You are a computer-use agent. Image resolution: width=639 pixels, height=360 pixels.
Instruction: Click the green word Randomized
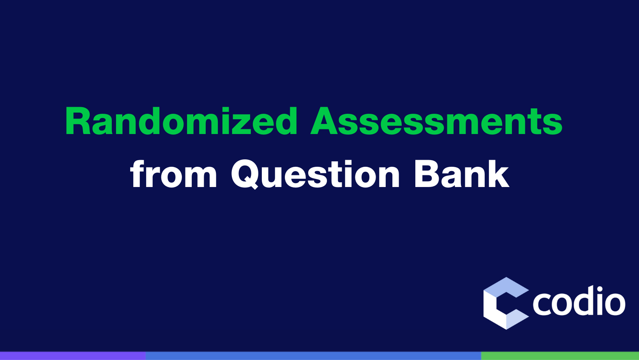182,121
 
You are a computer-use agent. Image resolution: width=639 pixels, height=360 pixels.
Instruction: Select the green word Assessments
436,121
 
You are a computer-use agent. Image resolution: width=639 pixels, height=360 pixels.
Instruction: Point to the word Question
316,174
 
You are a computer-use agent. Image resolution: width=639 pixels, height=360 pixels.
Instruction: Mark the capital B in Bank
427,173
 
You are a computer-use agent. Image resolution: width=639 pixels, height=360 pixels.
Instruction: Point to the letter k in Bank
498,173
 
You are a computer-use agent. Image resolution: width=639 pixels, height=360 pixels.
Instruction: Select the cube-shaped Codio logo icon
506,303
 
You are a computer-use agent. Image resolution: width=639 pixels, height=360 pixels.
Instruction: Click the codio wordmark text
579,301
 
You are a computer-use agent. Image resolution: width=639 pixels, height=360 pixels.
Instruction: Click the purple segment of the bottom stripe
73,356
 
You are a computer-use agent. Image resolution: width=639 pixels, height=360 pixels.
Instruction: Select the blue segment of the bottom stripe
313,356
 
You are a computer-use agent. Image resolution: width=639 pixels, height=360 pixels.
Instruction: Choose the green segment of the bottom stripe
560,356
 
